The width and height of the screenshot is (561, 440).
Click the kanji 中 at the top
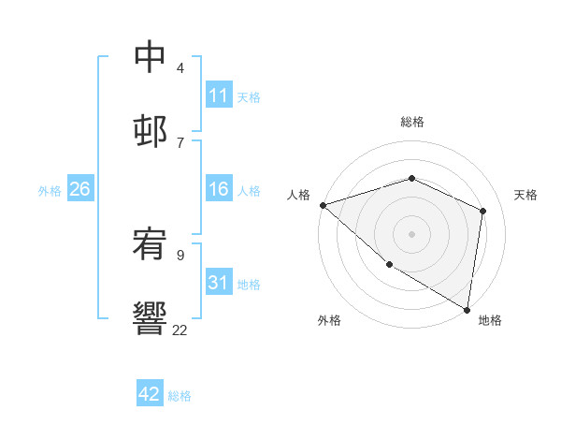tap(151, 57)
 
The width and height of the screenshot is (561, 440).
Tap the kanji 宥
tap(151, 244)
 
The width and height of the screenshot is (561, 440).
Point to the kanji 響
tap(151, 318)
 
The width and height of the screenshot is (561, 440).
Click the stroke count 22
tap(180, 330)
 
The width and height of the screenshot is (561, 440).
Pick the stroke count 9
tap(180, 255)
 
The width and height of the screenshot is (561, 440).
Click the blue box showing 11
tap(219, 95)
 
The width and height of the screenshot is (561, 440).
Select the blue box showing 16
tap(219, 190)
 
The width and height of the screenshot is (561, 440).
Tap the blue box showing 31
tap(219, 283)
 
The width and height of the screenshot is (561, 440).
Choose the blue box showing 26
tap(79, 190)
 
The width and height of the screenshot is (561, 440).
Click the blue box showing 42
tap(150, 394)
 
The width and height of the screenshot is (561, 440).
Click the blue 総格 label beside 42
tap(180, 396)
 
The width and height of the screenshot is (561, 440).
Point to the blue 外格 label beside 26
tap(50, 191)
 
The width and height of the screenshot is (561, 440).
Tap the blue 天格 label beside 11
tap(249, 96)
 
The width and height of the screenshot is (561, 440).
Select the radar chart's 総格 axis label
tap(411, 122)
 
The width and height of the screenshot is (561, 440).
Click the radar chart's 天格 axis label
tap(525, 195)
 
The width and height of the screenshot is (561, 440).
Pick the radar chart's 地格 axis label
tap(490, 320)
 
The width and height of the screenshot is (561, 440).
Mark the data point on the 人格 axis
tap(323, 205)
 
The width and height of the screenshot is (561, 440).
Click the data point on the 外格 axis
tap(389, 265)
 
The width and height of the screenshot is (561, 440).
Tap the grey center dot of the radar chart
tap(411, 234)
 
